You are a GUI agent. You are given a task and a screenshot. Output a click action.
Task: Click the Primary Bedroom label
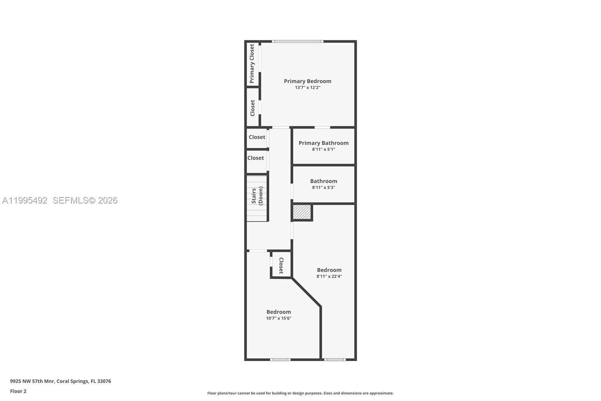307,81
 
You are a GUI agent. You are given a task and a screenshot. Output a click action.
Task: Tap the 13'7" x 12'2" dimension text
307,88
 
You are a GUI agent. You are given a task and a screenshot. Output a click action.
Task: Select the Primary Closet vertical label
252,64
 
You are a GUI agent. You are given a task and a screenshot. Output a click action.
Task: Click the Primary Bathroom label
323,143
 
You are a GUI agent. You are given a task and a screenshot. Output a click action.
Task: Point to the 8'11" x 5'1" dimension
323,149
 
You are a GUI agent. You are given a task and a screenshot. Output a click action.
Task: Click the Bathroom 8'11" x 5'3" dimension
323,187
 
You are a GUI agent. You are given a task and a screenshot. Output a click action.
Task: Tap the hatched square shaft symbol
302,212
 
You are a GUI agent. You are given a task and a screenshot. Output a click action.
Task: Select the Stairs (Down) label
257,196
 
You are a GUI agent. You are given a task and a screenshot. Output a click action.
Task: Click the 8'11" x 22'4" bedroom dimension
329,276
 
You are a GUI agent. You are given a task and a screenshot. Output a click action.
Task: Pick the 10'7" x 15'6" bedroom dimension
279,318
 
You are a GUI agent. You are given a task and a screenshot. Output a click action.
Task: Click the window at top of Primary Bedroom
297,41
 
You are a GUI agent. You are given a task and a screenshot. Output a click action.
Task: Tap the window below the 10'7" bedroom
280,360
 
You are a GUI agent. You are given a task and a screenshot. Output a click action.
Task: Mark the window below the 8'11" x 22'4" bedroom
335,360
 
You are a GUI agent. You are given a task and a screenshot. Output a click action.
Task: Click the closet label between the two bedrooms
281,265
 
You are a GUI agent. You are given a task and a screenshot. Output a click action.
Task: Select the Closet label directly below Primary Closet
252,108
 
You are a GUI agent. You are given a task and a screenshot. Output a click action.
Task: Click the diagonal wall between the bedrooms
306,292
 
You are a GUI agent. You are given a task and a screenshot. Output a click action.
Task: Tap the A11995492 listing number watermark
25,200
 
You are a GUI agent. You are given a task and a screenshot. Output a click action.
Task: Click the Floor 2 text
18,391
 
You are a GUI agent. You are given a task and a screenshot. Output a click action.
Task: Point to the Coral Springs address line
60,381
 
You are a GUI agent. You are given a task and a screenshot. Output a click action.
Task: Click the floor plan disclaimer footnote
300,393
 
